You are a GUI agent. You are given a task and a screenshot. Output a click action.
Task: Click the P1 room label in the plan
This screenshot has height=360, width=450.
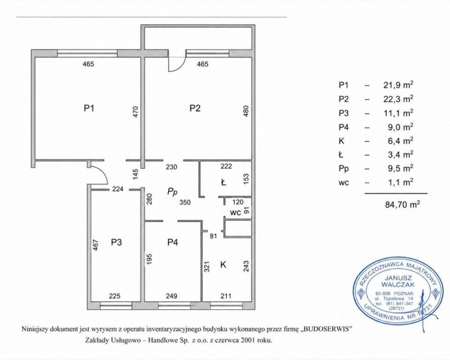click(89, 108)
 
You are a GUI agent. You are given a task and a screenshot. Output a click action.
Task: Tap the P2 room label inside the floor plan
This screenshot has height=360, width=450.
click(195, 108)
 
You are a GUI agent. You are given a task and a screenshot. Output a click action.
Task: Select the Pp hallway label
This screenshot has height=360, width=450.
click(172, 192)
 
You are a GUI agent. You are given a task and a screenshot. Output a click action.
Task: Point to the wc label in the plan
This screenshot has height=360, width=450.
click(235, 213)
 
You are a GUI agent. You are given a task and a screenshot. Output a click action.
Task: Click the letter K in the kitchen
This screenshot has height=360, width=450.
click(223, 264)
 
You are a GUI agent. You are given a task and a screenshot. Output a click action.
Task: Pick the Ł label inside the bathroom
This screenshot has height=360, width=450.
click(223, 182)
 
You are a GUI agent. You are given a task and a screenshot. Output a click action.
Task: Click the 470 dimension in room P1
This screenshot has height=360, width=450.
click(136, 112)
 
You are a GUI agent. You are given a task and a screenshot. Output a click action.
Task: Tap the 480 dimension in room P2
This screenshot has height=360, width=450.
click(246, 111)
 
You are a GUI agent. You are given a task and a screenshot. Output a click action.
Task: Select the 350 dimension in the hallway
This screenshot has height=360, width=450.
click(185, 202)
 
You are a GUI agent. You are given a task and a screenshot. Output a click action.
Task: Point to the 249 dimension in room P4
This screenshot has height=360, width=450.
click(172, 296)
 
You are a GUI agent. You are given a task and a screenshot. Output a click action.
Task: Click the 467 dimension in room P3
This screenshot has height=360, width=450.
click(96, 245)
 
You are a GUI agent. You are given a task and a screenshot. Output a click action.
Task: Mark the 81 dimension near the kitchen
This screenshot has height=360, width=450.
click(214, 236)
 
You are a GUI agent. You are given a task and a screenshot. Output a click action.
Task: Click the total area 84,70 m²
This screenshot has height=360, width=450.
click(402, 205)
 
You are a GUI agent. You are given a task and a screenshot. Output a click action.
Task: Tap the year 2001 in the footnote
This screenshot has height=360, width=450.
click(247, 341)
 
